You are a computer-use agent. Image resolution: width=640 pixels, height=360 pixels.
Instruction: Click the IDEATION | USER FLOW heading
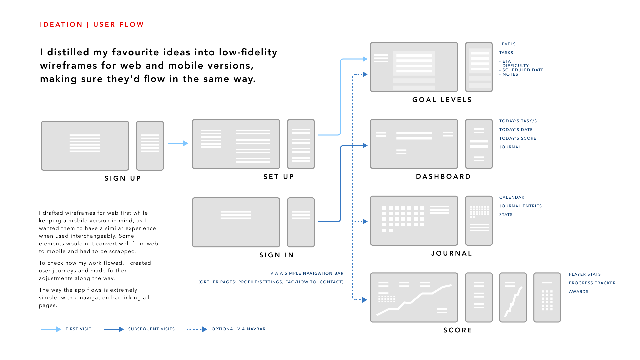pos(92,25)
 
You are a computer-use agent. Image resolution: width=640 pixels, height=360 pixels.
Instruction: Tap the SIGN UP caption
pos(123,178)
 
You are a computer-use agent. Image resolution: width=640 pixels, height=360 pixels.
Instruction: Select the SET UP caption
pos(279,177)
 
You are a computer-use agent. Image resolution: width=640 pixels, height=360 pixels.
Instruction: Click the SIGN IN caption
pos(277,255)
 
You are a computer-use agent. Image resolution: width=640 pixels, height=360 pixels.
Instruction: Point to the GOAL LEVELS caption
pos(442,100)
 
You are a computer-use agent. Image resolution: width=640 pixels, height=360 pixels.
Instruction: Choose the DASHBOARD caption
pos(443,176)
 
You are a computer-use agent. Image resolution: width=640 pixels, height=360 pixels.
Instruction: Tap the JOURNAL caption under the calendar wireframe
pos(452,253)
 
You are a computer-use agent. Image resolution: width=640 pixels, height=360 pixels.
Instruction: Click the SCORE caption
pos(458,330)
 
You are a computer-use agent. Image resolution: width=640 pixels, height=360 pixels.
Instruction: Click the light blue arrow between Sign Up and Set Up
pos(178,143)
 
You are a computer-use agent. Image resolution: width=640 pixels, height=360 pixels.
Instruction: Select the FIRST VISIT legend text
pos(78,329)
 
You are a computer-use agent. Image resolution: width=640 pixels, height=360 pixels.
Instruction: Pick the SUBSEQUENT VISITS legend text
pos(151,329)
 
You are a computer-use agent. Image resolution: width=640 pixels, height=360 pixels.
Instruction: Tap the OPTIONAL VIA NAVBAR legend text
pos(238,329)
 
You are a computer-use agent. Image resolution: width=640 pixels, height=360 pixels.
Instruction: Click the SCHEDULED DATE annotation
pos(523,70)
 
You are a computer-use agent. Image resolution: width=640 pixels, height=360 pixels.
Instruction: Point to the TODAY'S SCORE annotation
pos(518,138)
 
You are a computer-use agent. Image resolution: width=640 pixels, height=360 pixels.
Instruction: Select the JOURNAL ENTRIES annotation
pos(520,206)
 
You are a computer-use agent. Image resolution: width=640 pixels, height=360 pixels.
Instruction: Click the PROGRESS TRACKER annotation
pos(592,283)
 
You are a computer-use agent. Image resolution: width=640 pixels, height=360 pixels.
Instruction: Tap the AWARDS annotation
pos(578,292)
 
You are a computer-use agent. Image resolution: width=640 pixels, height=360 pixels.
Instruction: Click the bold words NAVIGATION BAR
pos(323,273)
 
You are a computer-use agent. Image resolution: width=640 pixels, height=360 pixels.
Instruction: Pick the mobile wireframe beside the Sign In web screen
pos(301,222)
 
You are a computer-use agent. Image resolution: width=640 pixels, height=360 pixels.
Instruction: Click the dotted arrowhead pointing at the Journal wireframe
pos(365,221)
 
